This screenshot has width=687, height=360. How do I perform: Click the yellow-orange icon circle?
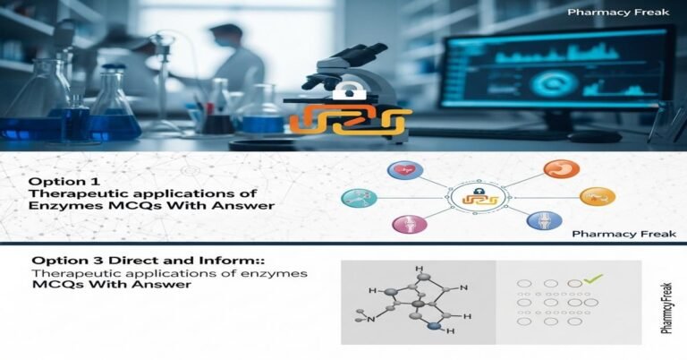(x=597, y=196)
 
